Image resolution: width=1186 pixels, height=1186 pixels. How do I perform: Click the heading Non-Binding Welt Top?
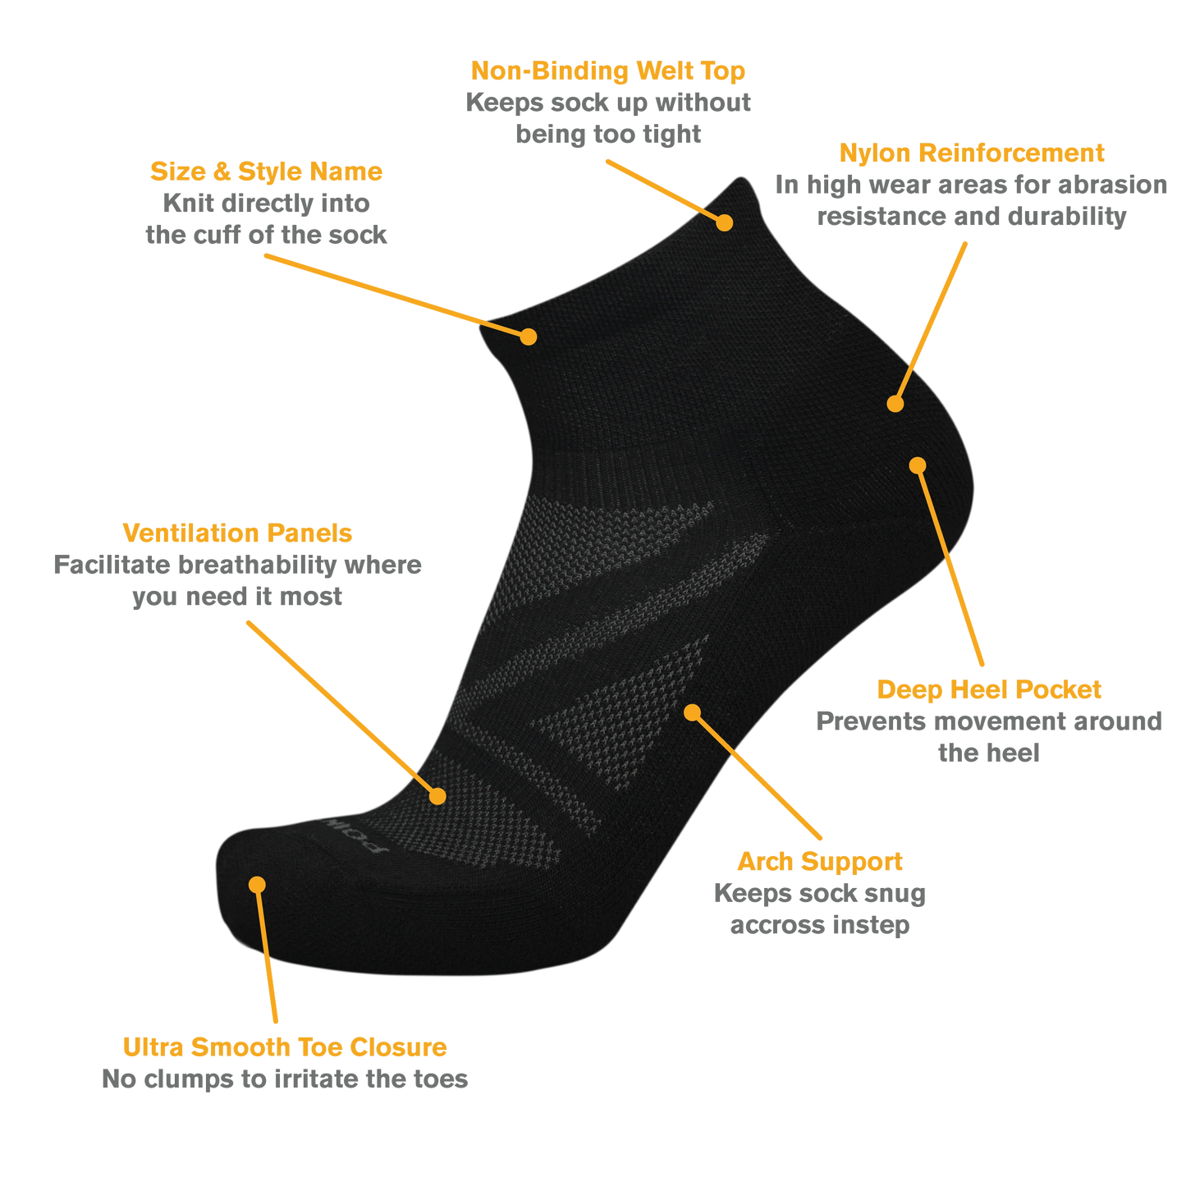(x=607, y=71)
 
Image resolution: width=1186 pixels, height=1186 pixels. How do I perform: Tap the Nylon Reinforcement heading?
(x=972, y=153)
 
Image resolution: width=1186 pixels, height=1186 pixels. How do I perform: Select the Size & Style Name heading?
(x=267, y=172)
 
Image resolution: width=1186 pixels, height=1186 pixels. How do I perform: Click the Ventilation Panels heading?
(x=237, y=533)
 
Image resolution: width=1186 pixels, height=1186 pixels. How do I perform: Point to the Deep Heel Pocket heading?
(x=989, y=690)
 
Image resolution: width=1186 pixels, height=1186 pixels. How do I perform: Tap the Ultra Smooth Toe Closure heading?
(x=285, y=1047)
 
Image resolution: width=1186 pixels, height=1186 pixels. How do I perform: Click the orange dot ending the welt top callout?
(x=725, y=222)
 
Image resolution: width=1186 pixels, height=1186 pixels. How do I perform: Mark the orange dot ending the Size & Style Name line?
(x=528, y=337)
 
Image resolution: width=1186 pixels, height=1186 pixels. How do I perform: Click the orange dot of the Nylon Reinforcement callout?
(x=895, y=404)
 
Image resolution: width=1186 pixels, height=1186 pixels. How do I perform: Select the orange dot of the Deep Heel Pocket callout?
(x=918, y=465)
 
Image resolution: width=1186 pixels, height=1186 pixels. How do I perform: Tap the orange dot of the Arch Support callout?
(x=693, y=712)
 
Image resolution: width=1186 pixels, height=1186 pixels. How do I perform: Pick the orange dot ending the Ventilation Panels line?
(x=437, y=796)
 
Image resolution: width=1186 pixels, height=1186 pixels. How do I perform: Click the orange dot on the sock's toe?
(x=257, y=885)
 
